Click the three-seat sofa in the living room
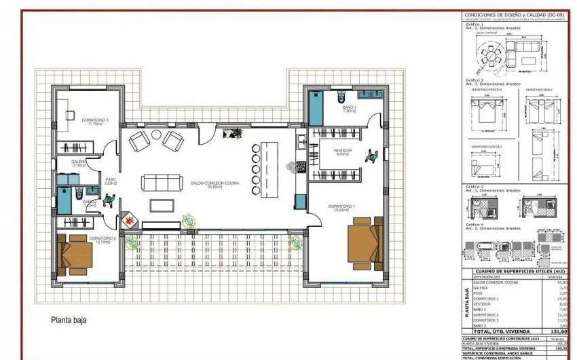pyautogui.click(x=162, y=183)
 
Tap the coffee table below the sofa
pyautogui.click(x=162, y=206)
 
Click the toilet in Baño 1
pyautogui.click(x=340, y=96)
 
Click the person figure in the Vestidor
pyautogui.click(x=371, y=156)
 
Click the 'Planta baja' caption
pyautogui.click(x=68, y=319)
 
